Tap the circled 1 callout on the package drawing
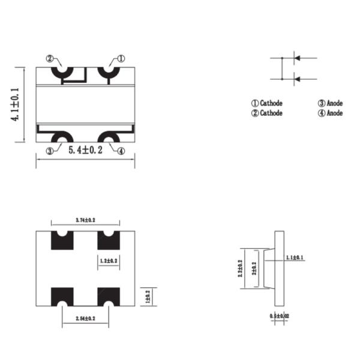click(x=121, y=59)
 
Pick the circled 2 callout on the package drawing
click(x=51, y=59)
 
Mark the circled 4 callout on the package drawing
click(x=121, y=151)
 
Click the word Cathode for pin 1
click(x=271, y=103)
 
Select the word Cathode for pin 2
click(x=271, y=113)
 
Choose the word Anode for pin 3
click(x=335, y=103)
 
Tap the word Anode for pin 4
click(x=335, y=113)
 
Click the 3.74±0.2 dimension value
click(x=86, y=221)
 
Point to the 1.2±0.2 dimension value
click(x=108, y=261)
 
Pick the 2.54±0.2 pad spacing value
click(x=85, y=318)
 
